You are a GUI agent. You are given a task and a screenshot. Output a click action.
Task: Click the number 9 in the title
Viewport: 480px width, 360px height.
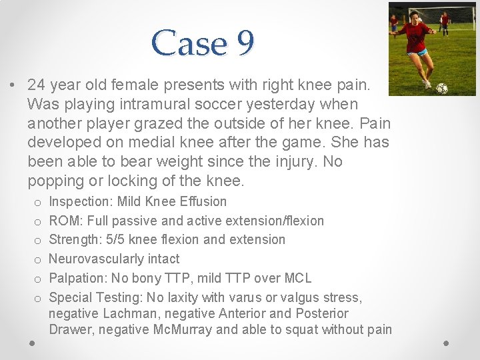[244, 44]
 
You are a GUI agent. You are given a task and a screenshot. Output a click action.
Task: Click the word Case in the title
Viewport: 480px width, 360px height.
[189, 44]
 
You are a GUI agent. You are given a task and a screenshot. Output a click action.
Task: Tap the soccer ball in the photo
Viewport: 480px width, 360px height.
[441, 88]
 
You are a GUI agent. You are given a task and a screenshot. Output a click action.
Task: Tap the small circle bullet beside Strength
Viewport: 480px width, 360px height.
[38, 240]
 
